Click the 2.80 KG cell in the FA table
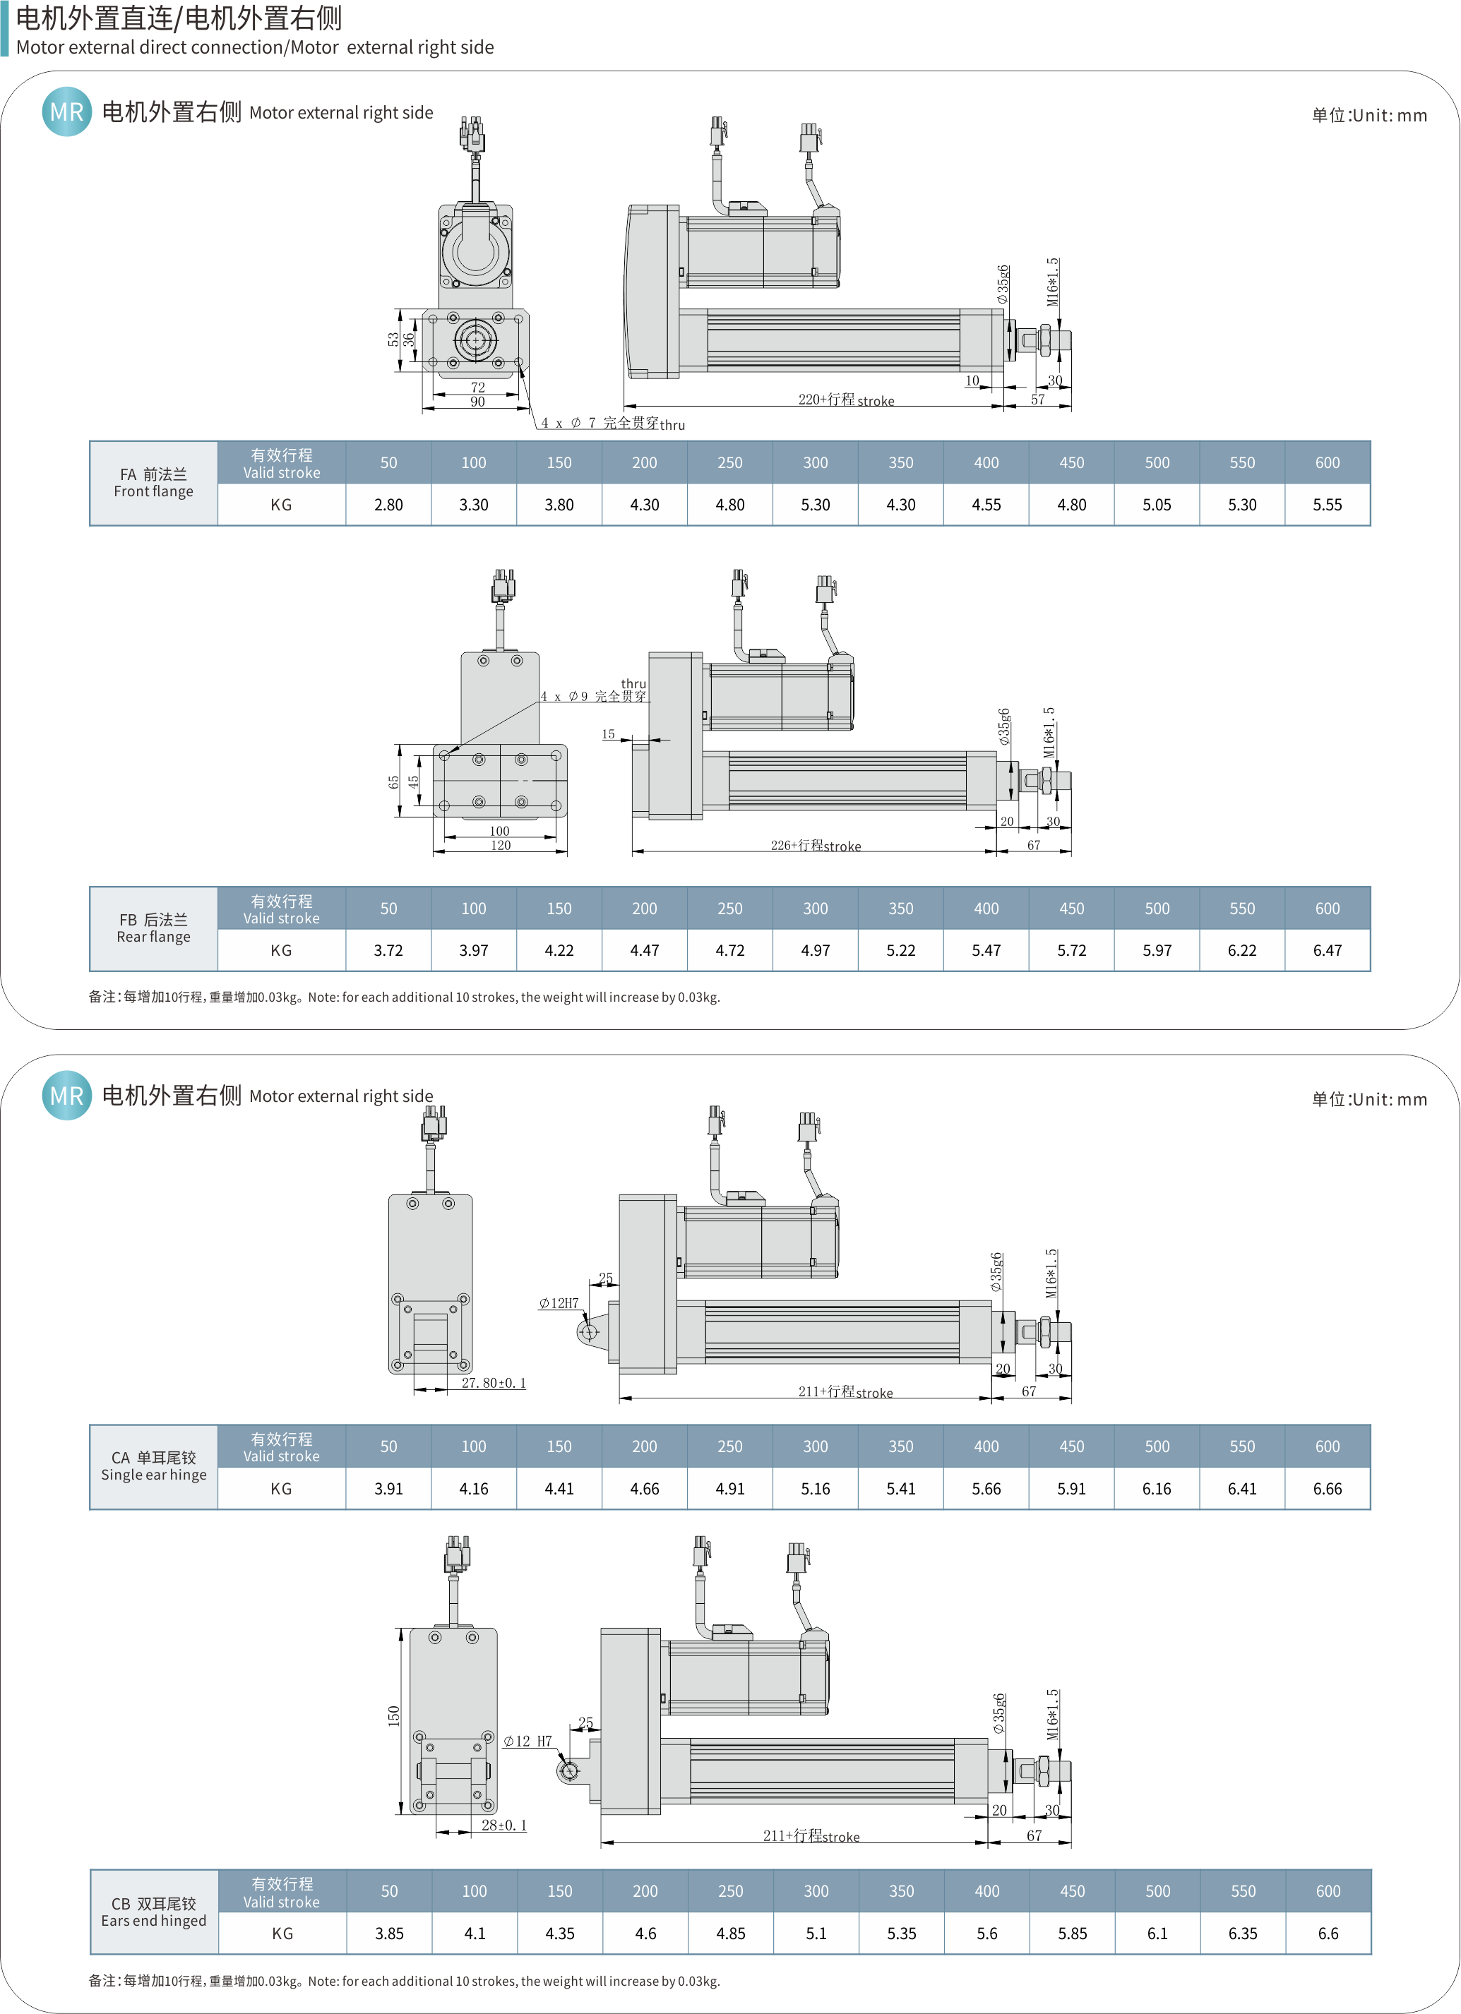point(388,505)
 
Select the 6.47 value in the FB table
point(1327,950)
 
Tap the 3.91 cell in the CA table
point(388,1488)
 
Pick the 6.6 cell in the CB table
point(1328,1934)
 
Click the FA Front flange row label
point(154,482)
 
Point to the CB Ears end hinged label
point(154,1911)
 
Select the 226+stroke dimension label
point(816,846)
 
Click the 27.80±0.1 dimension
point(494,1383)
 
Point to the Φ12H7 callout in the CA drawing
point(559,1302)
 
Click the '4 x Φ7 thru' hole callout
point(613,424)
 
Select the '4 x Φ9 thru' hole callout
point(594,691)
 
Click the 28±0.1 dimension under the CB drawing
point(503,1825)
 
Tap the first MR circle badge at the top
point(66,112)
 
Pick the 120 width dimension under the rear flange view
point(501,846)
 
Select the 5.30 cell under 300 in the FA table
point(816,505)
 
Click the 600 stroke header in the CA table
point(1327,1446)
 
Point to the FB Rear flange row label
point(154,928)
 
